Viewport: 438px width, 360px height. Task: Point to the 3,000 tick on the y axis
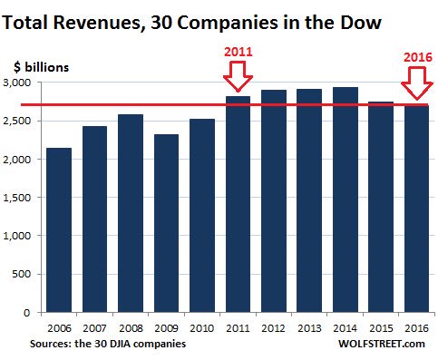(21, 83)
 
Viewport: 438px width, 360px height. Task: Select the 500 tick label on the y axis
(25, 274)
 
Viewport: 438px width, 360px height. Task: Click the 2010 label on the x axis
(201, 326)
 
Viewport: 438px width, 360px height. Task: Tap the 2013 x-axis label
(308, 326)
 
